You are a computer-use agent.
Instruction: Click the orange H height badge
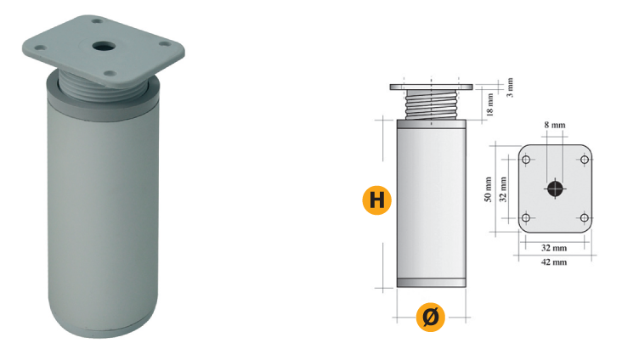(376, 200)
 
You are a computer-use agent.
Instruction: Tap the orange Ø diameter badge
(431, 318)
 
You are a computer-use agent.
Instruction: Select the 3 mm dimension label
(510, 87)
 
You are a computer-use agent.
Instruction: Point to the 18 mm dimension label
(490, 104)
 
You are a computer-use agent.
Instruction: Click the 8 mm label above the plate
(555, 125)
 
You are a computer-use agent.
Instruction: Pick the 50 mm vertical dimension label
(488, 189)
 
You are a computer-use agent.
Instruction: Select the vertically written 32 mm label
(503, 189)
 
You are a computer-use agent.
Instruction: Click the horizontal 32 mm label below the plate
(554, 248)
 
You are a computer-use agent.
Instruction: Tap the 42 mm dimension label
(554, 262)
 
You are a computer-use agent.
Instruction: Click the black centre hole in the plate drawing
(555, 189)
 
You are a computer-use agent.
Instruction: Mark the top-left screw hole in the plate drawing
(526, 160)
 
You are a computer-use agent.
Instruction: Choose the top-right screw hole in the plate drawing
(585, 160)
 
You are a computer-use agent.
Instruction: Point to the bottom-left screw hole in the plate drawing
(526, 217)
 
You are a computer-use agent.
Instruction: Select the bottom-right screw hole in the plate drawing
(585, 217)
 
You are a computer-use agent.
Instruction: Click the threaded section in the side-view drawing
(431, 104)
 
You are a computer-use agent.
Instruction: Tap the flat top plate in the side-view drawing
(431, 87)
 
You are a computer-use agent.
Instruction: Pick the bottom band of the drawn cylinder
(431, 283)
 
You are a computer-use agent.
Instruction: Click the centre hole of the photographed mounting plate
(104, 47)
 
